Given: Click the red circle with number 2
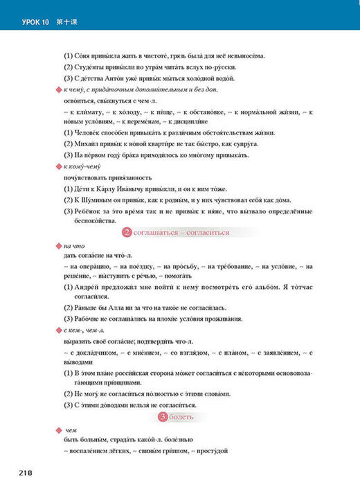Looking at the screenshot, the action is tap(126, 232).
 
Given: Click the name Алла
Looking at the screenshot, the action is tap(129, 307).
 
